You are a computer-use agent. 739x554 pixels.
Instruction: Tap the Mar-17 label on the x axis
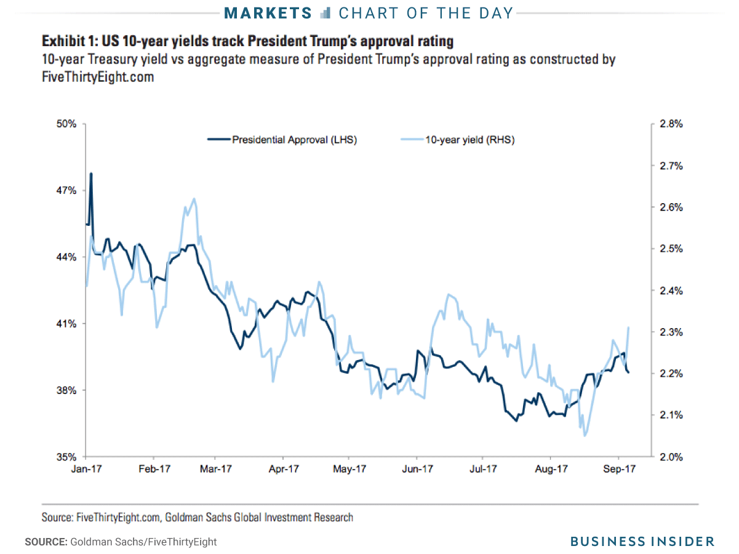[x=216, y=469]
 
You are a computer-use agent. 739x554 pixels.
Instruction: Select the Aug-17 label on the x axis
[x=551, y=469]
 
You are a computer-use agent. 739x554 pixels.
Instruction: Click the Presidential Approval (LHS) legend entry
[x=294, y=140]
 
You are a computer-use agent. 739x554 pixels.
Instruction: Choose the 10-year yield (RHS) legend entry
[x=469, y=140]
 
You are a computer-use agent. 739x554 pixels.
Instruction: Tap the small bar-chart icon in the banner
[x=326, y=12]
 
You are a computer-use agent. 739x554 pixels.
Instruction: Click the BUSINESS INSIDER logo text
[x=642, y=541]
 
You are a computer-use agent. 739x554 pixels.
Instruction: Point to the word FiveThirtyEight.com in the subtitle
[x=98, y=78]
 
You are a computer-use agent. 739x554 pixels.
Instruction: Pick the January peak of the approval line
[x=91, y=174]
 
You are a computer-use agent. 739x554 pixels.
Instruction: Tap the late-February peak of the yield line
[x=194, y=199]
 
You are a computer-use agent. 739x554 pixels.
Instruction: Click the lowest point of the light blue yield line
[x=585, y=435]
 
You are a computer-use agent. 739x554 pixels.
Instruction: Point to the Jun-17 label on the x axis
[x=417, y=469]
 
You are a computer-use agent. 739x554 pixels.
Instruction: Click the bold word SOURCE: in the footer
[x=45, y=542]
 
